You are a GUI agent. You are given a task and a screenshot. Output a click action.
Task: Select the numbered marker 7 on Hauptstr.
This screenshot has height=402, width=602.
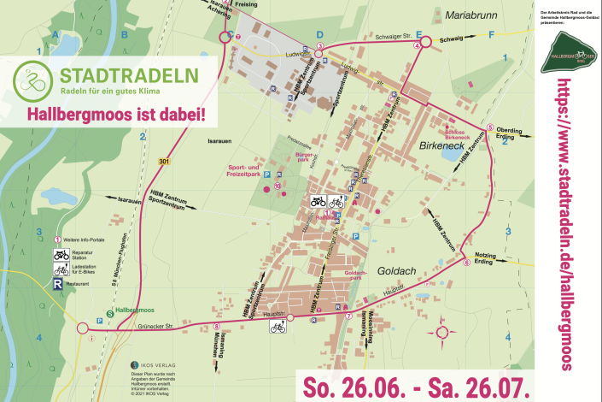348,317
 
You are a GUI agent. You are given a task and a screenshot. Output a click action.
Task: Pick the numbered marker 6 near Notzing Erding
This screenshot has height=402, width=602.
467,263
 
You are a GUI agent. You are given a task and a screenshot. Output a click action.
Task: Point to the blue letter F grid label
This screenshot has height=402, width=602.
491,35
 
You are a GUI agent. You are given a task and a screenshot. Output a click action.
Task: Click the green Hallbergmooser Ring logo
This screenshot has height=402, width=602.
570,50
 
